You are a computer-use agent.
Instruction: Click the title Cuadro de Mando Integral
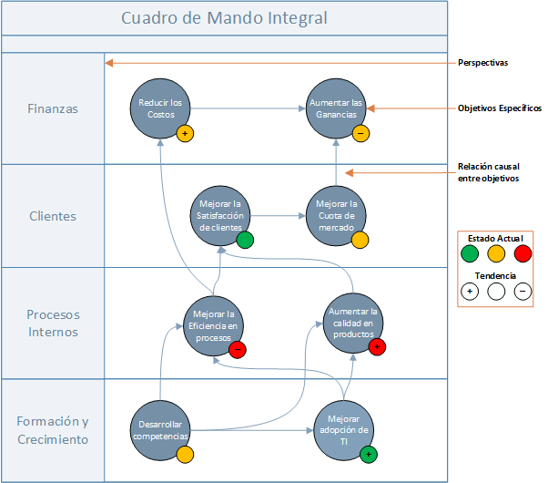coord(224,18)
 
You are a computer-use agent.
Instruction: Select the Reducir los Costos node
coord(160,108)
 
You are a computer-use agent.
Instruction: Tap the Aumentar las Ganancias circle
coord(336,108)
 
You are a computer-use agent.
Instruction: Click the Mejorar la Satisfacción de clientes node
coord(220,216)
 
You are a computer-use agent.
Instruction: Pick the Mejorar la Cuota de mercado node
coord(336,216)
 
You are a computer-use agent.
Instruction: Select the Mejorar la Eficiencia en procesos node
coord(213,326)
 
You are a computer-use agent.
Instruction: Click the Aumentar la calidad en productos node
coord(353,323)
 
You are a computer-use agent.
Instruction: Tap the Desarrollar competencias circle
coord(160,430)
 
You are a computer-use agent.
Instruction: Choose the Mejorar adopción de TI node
coord(344,430)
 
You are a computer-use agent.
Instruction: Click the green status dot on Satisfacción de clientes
coord(245,240)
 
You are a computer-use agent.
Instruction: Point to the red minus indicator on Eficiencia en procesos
coord(238,350)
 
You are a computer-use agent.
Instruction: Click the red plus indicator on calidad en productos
coord(377,347)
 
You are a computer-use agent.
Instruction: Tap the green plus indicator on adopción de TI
coord(369,455)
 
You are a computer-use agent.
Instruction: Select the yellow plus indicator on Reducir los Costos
coord(185,134)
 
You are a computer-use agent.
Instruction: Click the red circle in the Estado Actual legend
coord(523,253)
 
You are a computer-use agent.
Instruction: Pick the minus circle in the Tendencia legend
coord(523,292)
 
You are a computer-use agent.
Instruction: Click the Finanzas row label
coord(53,108)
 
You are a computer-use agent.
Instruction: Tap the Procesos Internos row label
coord(53,324)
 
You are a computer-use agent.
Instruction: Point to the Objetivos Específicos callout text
coord(500,108)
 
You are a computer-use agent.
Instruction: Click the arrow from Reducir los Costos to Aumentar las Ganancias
coord(249,108)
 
